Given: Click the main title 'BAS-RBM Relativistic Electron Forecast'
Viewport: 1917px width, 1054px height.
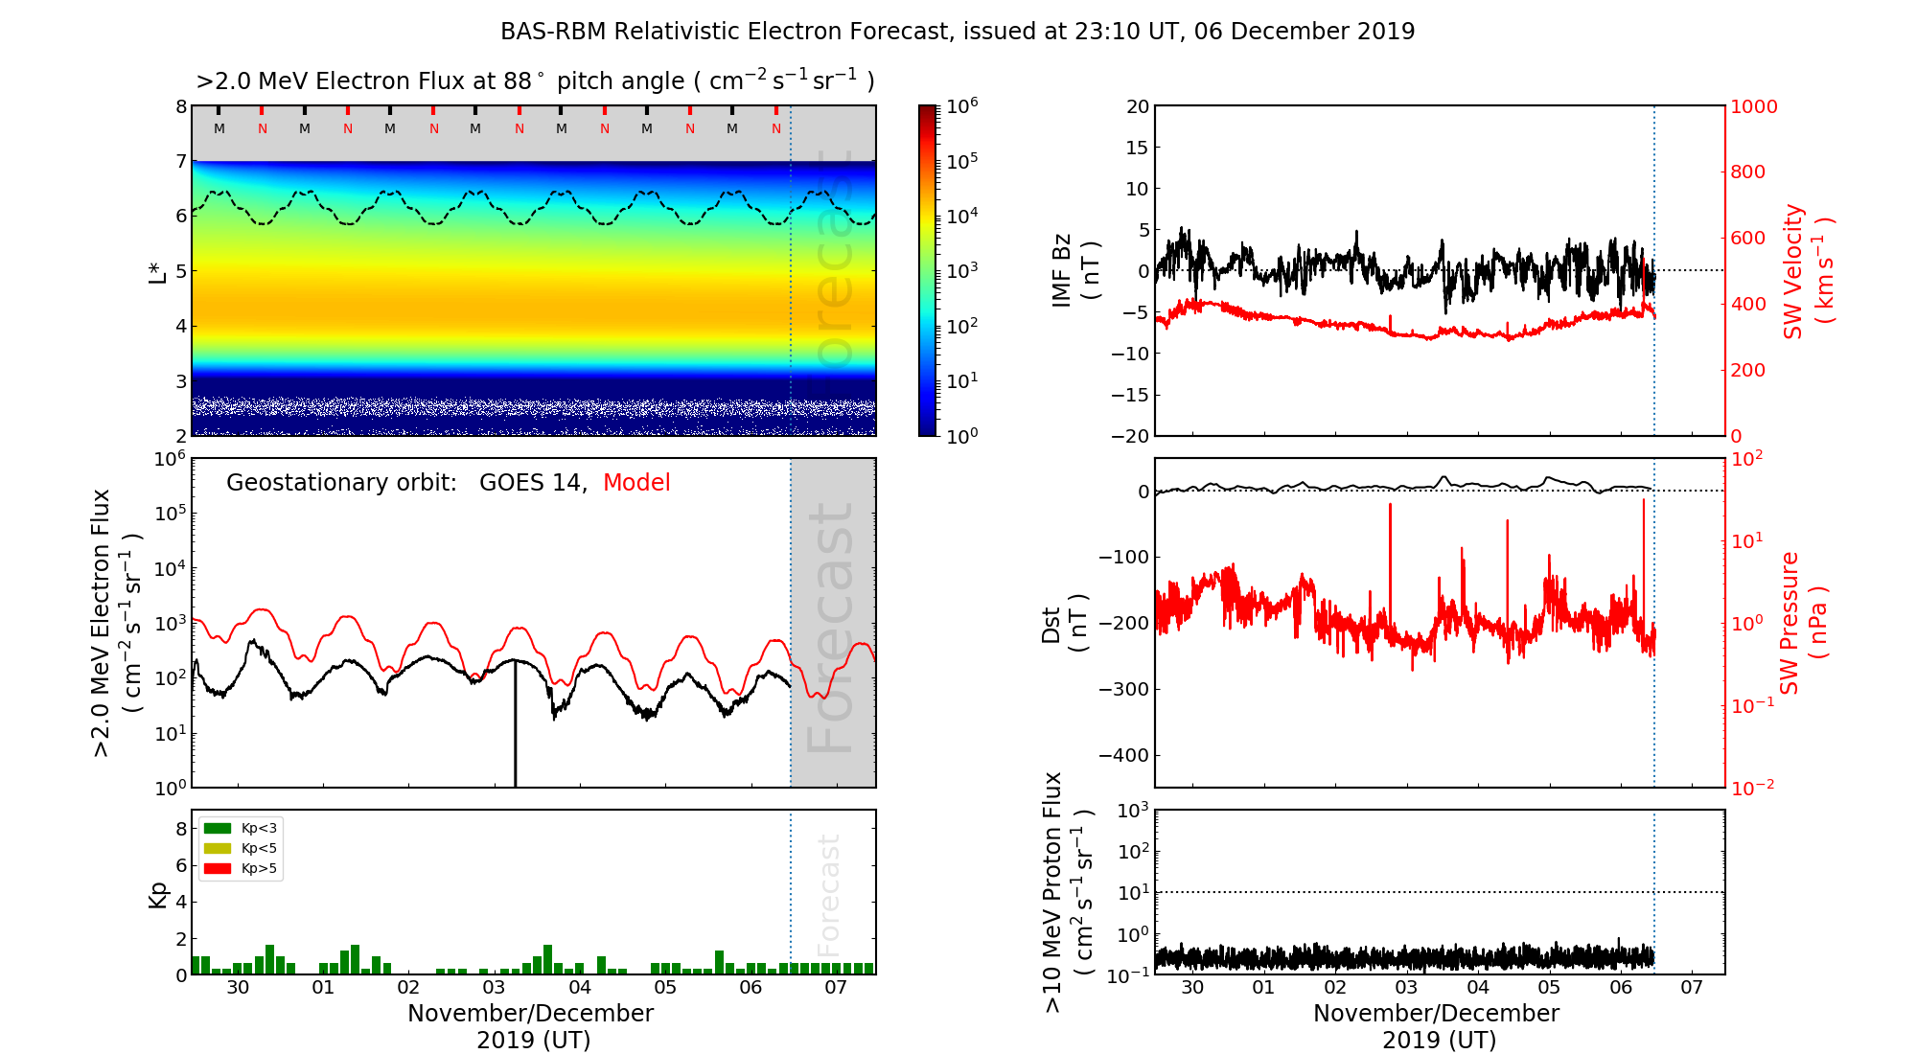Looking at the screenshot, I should [x=724, y=32].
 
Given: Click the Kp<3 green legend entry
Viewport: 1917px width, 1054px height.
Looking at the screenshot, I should [x=241, y=828].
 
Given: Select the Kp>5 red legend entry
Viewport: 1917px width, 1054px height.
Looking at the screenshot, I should [x=241, y=869].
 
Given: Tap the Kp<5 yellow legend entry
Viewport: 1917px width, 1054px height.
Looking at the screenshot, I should [x=241, y=848].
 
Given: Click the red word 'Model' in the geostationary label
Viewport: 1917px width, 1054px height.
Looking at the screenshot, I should [x=636, y=483].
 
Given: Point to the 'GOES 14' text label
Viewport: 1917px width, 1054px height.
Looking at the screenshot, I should [x=532, y=483].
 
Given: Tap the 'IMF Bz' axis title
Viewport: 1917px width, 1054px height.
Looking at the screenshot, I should [x=1062, y=270].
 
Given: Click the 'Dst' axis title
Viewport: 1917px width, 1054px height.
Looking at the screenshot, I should [x=1052, y=624].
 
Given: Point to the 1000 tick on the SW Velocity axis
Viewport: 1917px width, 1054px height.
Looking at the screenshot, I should [x=1754, y=106].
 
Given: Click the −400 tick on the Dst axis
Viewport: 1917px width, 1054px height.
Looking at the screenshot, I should [x=1123, y=755].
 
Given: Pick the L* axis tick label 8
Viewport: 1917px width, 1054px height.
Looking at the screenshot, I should [x=180, y=106].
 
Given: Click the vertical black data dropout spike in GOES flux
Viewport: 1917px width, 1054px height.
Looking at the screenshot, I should [x=515, y=728].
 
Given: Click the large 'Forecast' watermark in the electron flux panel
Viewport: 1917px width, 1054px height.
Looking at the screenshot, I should [x=831, y=628].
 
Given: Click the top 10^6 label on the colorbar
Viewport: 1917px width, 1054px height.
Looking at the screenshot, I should [x=961, y=105].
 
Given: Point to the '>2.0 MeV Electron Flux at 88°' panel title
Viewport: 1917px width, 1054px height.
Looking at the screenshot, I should [x=535, y=81].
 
